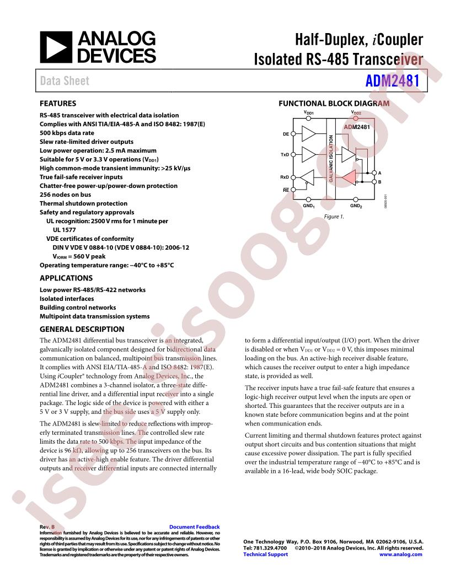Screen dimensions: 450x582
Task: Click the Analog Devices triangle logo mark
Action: (56, 47)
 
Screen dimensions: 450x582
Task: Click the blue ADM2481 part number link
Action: (392, 80)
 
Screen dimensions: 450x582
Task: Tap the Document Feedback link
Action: (194, 527)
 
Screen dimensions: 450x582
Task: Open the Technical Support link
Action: (265, 554)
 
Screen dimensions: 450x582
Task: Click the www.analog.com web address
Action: (400, 554)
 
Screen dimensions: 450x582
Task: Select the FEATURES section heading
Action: (58, 104)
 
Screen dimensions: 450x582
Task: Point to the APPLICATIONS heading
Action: (66, 278)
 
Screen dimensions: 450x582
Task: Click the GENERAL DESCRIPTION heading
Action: (82, 329)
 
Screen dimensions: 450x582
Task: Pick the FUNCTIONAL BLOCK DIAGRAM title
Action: (334, 104)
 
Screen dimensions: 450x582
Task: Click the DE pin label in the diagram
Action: (286, 134)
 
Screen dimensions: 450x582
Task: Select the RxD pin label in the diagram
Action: (285, 177)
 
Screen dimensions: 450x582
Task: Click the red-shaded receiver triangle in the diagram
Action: (349, 177)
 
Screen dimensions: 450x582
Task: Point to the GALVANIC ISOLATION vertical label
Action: (331, 159)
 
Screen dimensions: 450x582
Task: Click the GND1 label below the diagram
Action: (308, 206)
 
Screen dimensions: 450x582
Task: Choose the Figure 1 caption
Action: (334, 217)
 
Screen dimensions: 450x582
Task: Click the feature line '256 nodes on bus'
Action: (65, 195)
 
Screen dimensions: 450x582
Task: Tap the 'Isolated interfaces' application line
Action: (67, 298)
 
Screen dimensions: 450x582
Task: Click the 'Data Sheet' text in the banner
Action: (65, 80)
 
